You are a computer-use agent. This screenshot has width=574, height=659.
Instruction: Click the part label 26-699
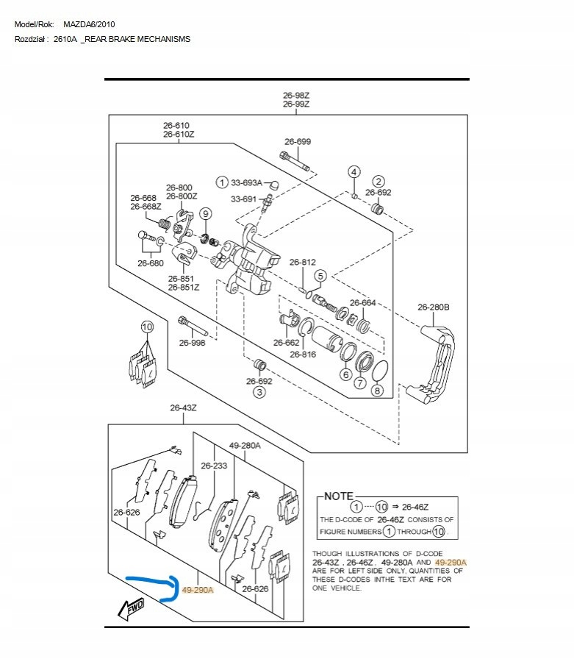click(x=298, y=141)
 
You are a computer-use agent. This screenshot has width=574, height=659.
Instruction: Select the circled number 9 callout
click(x=205, y=214)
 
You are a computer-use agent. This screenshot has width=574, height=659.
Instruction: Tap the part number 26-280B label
click(x=433, y=307)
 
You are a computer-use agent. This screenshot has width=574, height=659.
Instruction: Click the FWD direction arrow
click(x=131, y=607)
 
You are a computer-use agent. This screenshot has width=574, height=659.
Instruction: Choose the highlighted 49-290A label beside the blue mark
click(x=197, y=590)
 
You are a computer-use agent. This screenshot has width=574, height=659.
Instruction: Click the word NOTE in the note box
click(x=338, y=496)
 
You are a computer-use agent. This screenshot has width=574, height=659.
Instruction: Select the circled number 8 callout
click(x=377, y=391)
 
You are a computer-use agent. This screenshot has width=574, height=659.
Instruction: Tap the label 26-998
click(x=192, y=343)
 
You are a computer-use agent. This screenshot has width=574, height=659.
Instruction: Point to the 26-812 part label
click(x=302, y=263)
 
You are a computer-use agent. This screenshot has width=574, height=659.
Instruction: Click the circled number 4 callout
click(x=354, y=172)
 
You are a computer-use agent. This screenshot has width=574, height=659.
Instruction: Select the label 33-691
click(x=244, y=199)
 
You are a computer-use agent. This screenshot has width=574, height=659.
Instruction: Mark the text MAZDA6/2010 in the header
click(x=89, y=25)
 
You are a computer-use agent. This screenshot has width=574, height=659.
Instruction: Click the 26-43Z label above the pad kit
click(x=183, y=407)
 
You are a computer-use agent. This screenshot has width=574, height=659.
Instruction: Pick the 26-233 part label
click(x=214, y=466)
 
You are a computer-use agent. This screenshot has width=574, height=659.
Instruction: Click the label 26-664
click(x=362, y=303)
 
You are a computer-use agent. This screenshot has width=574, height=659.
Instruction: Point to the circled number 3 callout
click(x=259, y=393)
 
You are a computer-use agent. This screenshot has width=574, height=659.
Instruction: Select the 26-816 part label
click(x=302, y=355)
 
